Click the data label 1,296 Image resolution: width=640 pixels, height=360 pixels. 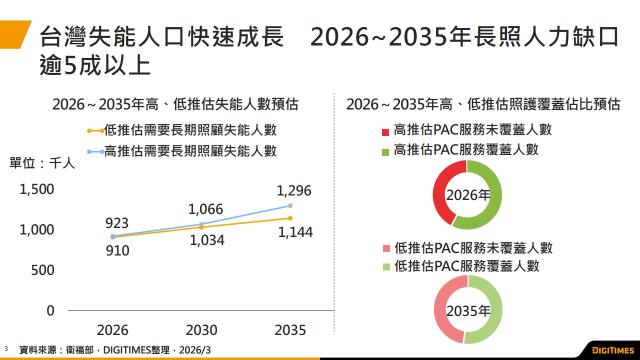click(x=294, y=190)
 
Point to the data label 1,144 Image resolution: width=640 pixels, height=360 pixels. click(x=295, y=232)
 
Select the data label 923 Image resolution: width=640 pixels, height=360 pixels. click(x=117, y=223)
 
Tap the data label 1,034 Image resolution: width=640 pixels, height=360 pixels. click(x=207, y=240)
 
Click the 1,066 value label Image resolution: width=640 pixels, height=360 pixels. click(x=205, y=209)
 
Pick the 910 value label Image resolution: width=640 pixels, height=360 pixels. click(x=117, y=250)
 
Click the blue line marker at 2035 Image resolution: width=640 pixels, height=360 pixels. click(x=290, y=205)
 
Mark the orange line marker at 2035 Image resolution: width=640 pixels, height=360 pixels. click(x=290, y=218)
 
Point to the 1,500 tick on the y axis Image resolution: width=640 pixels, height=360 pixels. click(x=36, y=189)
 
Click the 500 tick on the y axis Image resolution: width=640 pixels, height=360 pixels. click(x=42, y=270)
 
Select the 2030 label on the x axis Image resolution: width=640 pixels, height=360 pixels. click(x=201, y=330)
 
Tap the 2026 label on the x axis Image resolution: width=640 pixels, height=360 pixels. click(x=112, y=330)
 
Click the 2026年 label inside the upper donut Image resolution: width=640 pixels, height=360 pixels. click(x=468, y=195)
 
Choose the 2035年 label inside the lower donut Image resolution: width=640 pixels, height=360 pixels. click(x=468, y=311)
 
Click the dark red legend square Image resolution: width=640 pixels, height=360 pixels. click(x=385, y=132)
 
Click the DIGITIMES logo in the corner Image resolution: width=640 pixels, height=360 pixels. click(x=612, y=350)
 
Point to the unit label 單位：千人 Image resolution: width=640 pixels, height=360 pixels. click(x=42, y=163)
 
